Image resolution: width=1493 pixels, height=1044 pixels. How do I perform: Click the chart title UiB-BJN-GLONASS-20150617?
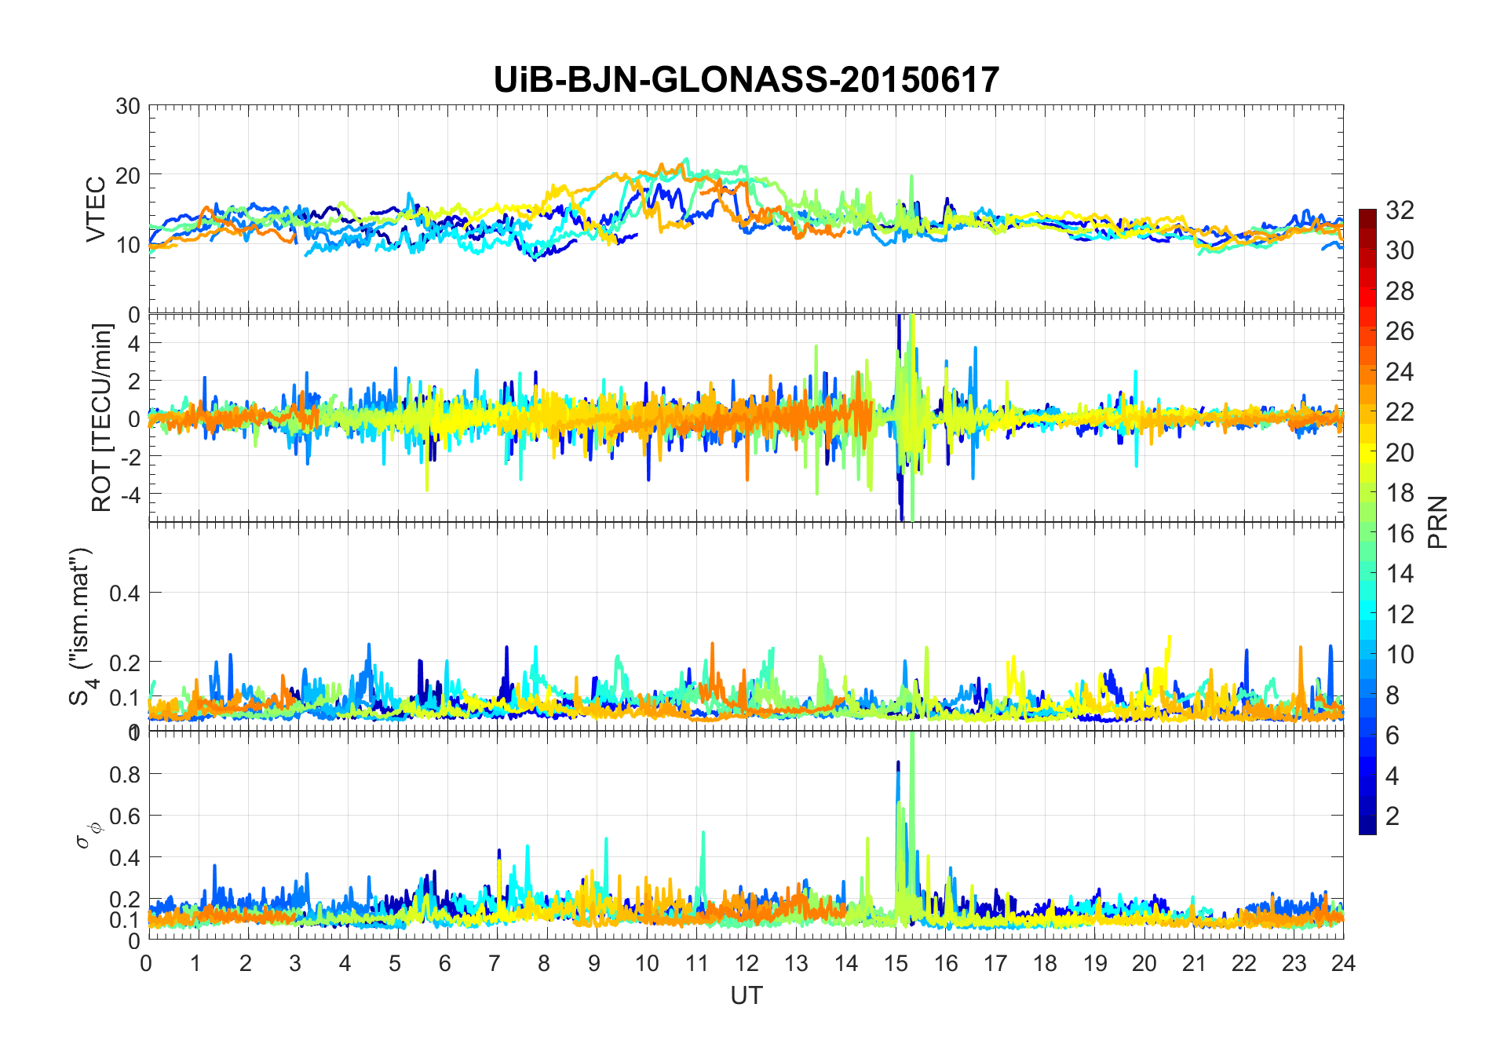746,80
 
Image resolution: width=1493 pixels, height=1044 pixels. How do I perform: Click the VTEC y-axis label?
96,210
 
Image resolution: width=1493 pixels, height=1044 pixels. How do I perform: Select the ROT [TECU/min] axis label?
102,418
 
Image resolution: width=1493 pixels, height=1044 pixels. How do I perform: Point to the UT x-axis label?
746,995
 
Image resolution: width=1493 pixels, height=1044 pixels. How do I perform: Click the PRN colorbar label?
1438,522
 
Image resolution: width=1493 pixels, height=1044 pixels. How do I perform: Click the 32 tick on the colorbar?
1400,210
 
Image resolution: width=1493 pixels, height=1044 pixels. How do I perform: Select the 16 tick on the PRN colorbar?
1400,534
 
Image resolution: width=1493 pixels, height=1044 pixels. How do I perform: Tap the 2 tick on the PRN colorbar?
1393,816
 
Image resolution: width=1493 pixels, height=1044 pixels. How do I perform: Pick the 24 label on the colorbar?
1400,371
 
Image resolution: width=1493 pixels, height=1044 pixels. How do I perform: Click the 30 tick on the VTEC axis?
128,106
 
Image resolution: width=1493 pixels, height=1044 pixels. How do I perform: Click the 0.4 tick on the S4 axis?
125,593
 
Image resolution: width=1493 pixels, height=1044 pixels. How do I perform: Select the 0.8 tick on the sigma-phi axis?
125,774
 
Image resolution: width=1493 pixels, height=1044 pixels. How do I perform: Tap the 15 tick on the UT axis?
896,963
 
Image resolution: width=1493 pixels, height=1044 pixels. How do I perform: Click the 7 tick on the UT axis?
495,963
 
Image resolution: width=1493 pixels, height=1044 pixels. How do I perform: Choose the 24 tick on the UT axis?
1343,963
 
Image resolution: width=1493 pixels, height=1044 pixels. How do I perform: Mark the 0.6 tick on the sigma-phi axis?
125,816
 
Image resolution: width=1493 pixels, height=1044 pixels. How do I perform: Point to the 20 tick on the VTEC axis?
128,175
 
